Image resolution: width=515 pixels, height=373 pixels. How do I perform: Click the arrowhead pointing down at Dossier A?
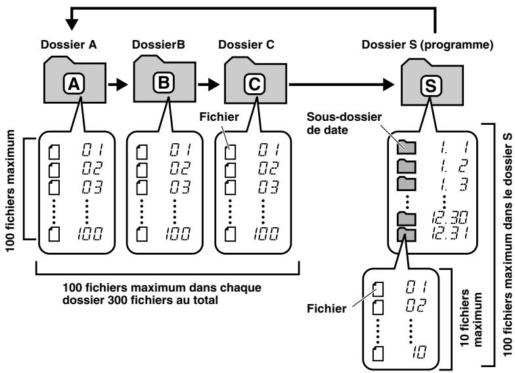tap(72, 23)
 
